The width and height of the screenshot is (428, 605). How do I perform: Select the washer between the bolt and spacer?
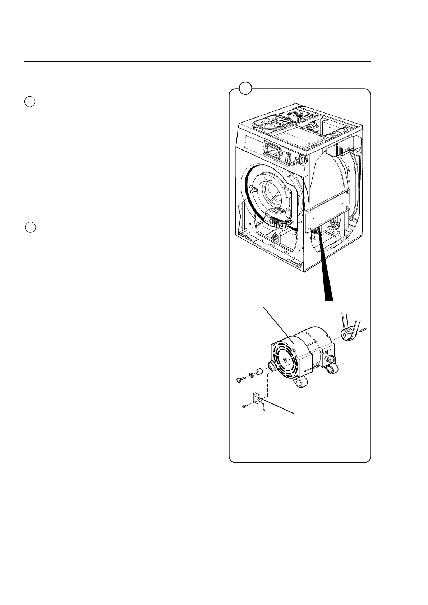(x=251, y=375)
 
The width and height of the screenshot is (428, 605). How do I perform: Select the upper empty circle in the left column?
(x=30, y=102)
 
